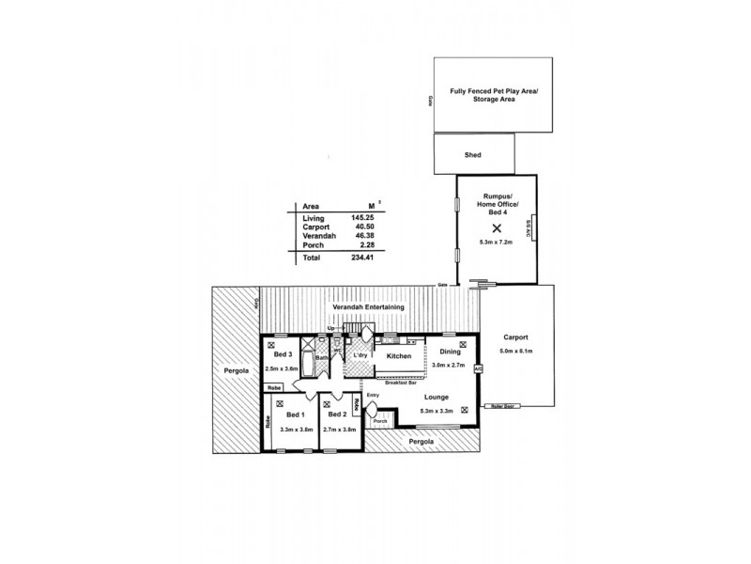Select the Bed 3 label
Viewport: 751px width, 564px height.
pos(283,354)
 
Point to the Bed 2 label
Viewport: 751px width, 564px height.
pos(336,415)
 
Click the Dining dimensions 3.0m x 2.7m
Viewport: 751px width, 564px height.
pos(452,365)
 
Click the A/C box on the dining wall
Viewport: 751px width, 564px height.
pos(478,369)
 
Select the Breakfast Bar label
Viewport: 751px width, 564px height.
pos(401,384)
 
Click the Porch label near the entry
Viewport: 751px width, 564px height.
pos(380,422)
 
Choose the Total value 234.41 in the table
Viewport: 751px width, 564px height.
pos(362,257)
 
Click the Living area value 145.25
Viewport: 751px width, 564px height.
pos(362,218)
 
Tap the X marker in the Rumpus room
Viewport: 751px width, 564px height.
pos(497,227)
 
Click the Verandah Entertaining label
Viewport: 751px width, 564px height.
pos(368,307)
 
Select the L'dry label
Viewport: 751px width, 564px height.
pos(359,355)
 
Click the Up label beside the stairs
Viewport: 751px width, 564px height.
pos(330,328)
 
